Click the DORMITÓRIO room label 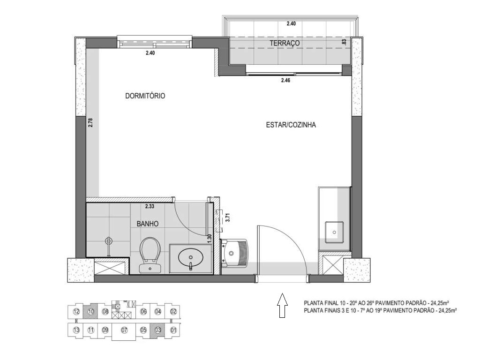[x=145, y=96]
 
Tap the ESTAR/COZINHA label [x=291, y=125]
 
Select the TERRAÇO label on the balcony [x=285, y=43]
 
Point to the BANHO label [x=148, y=224]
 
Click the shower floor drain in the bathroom [x=109, y=241]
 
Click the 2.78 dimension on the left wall [x=90, y=123]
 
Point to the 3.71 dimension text [x=227, y=217]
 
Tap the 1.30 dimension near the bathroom [x=210, y=238]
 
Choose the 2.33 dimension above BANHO [x=150, y=206]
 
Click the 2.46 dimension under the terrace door [x=286, y=81]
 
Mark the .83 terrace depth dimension [x=345, y=42]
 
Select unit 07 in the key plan [x=124, y=330]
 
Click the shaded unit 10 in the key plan [x=91, y=311]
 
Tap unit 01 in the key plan [x=173, y=330]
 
